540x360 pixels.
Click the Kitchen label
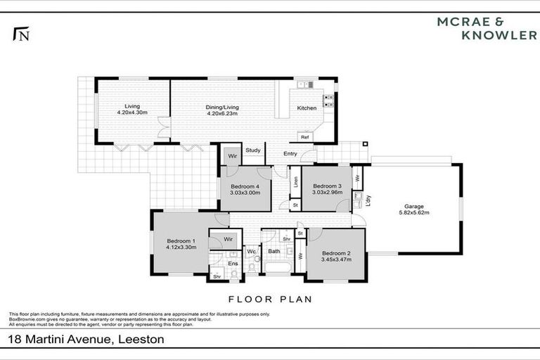[307, 108]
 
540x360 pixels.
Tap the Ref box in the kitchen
[304, 137]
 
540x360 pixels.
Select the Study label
[253, 150]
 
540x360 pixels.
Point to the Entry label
[290, 153]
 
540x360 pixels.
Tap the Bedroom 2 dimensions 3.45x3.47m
[336, 259]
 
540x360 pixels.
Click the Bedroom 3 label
[327, 186]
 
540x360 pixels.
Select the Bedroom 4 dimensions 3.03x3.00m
[245, 193]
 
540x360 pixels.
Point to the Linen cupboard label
[295, 181]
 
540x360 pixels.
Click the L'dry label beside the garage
[368, 200]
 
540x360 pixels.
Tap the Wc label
[251, 251]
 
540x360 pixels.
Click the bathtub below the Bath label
[275, 268]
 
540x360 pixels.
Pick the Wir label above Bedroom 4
[232, 156]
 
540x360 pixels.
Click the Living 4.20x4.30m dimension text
[132, 112]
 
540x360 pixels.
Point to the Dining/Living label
[222, 106]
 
